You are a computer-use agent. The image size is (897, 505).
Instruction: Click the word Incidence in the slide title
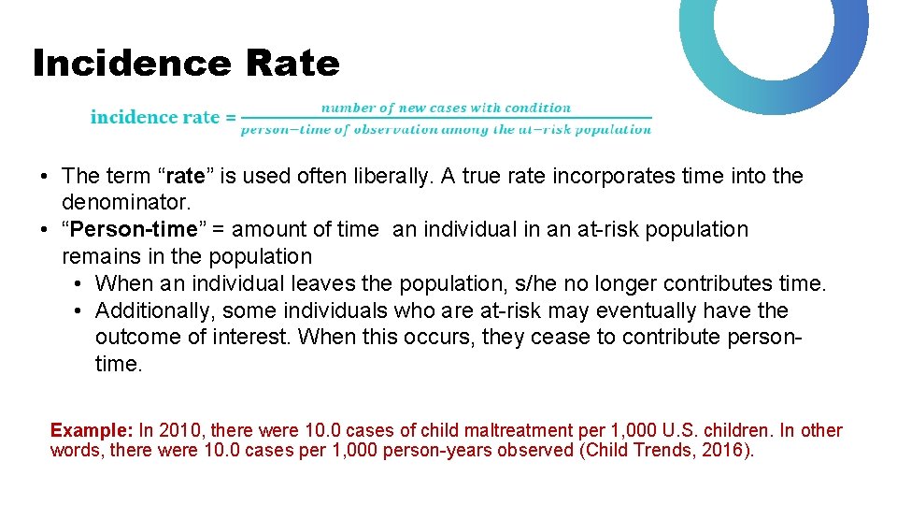click(131, 64)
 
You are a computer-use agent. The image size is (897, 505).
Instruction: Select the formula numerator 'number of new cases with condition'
click(446, 108)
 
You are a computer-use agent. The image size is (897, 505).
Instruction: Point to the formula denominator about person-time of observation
click(446, 129)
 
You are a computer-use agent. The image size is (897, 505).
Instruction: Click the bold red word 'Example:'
click(92, 431)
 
